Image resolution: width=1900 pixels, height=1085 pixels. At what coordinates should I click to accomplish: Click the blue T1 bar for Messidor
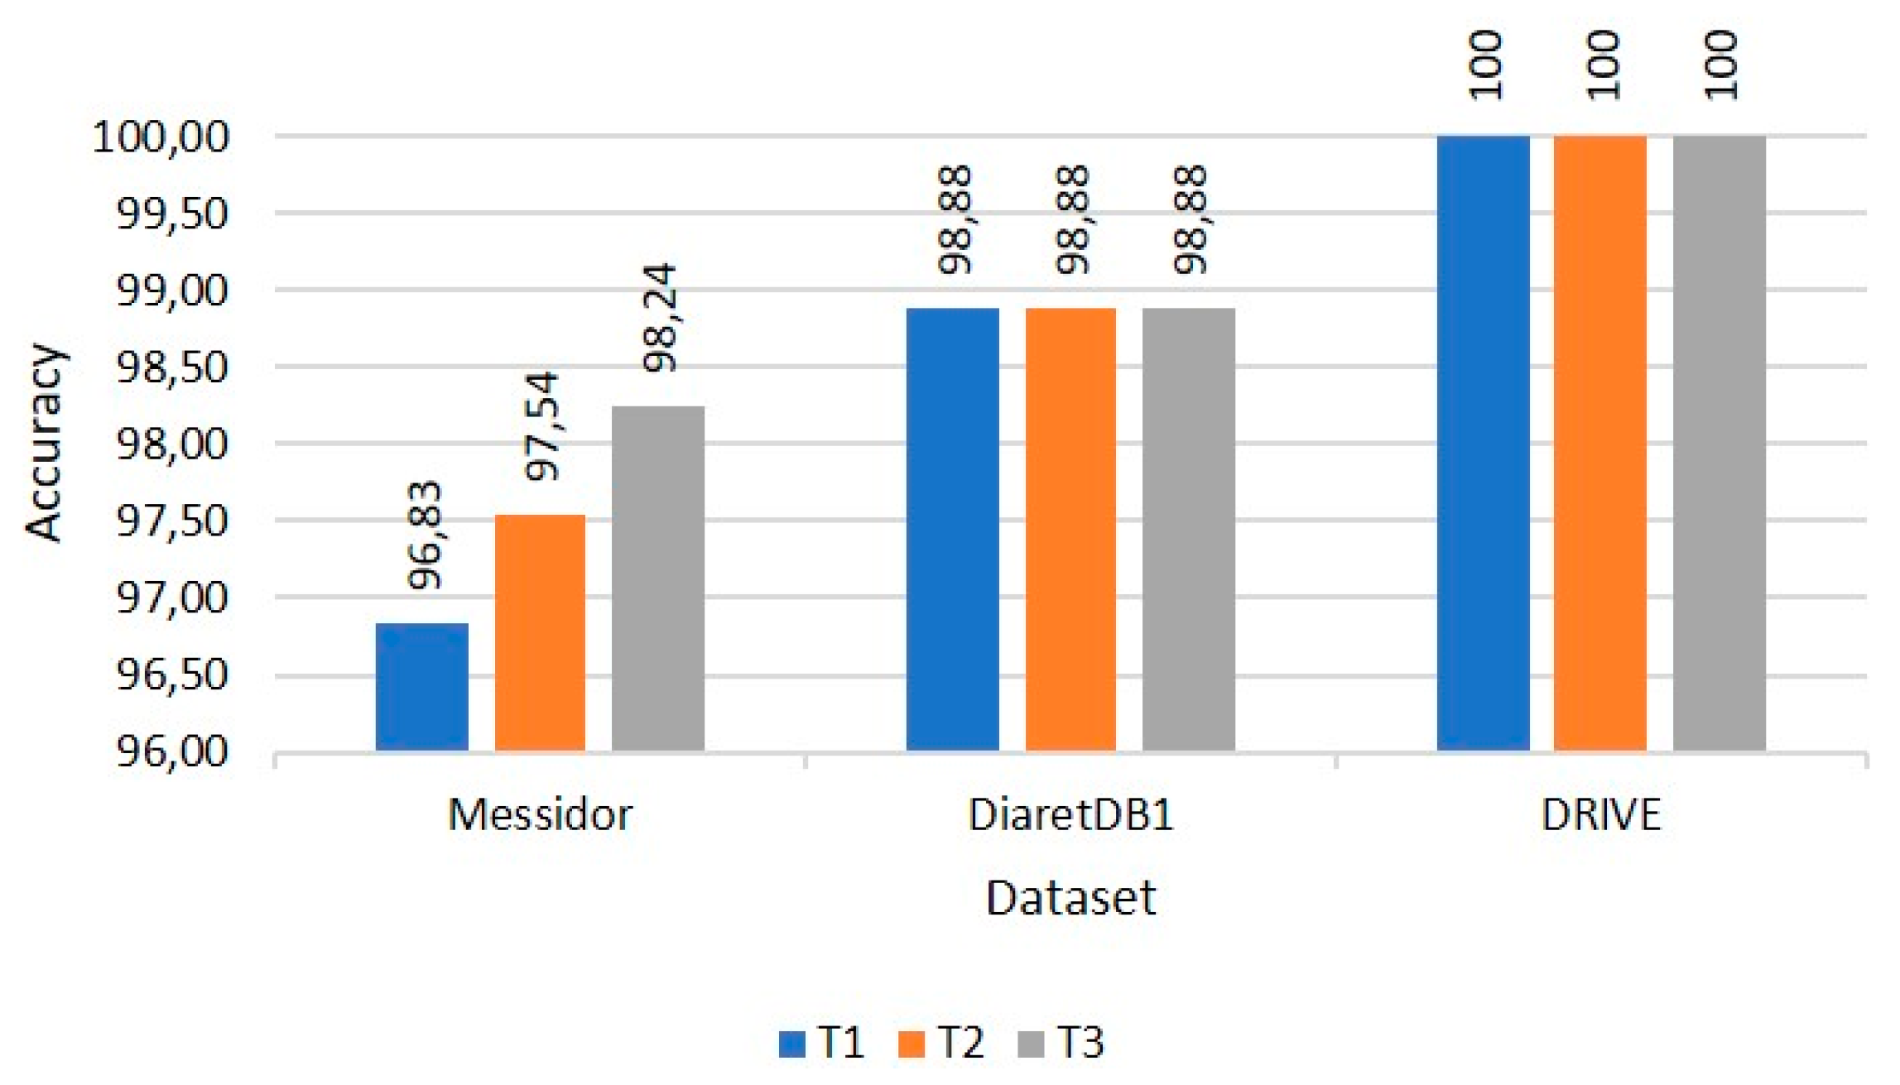[421, 687]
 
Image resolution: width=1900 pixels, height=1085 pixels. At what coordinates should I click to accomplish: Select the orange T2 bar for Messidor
[540, 632]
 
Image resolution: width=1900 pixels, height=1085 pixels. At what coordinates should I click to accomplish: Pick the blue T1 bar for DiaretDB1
[952, 530]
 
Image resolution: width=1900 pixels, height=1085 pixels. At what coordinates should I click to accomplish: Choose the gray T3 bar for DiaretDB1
[1189, 530]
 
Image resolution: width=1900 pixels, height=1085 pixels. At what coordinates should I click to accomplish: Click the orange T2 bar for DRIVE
[1599, 443]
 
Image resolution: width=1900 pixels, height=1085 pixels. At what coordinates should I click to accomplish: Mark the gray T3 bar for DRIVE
[1719, 443]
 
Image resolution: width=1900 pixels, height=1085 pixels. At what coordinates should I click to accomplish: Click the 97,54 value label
[543, 426]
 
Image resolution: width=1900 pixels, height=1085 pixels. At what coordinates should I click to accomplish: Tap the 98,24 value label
[661, 318]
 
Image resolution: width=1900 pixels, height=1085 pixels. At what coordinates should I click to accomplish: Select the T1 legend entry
[823, 1042]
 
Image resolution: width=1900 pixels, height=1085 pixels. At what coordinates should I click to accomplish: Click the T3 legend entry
[1062, 1042]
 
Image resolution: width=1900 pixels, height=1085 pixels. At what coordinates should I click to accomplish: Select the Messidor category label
[540, 815]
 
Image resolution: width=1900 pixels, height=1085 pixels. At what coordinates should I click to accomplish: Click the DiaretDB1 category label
[1070, 815]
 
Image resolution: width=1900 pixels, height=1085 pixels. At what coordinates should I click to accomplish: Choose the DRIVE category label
[1600, 815]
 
